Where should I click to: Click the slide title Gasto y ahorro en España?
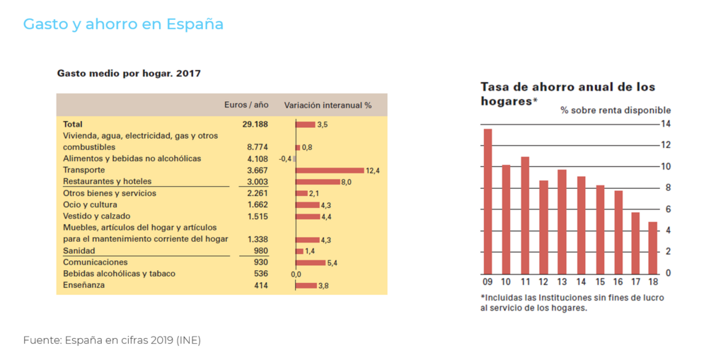pyautogui.click(x=123, y=24)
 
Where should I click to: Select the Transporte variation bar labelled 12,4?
pyautogui.click(x=329, y=170)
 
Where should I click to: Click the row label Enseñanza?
pyautogui.click(x=83, y=285)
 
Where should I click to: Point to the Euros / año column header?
pyautogui.click(x=246, y=105)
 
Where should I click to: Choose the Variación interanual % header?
pyautogui.click(x=328, y=105)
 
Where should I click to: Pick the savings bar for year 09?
pyautogui.click(x=487, y=201)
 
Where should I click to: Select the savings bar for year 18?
pyautogui.click(x=652, y=248)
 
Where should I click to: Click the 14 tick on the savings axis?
pyautogui.click(x=665, y=124)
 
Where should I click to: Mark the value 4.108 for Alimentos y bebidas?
pyautogui.click(x=257, y=158)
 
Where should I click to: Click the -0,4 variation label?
pyautogui.click(x=285, y=159)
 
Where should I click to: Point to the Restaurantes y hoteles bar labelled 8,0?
pyautogui.click(x=317, y=182)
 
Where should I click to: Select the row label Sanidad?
pyautogui.click(x=79, y=250)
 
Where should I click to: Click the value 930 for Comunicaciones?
pyautogui.click(x=261, y=262)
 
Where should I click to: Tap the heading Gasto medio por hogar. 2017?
pyautogui.click(x=129, y=73)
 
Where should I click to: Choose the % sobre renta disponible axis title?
pyautogui.click(x=615, y=110)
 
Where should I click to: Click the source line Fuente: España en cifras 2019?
pyautogui.click(x=112, y=340)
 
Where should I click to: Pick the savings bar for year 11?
pyautogui.click(x=525, y=215)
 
